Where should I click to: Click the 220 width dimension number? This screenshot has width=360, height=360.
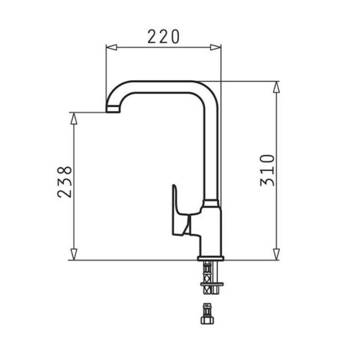pos(163,36)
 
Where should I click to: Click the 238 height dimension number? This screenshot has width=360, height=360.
pos(65,182)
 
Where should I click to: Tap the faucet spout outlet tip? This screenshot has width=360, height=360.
pos(112,110)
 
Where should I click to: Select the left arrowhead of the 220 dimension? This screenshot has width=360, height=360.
pos(111,46)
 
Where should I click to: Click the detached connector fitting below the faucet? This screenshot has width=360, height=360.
pos(207,313)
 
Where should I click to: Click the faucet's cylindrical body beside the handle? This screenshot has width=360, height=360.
pos(211,229)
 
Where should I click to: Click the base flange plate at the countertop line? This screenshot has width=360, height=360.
pos(211,258)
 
